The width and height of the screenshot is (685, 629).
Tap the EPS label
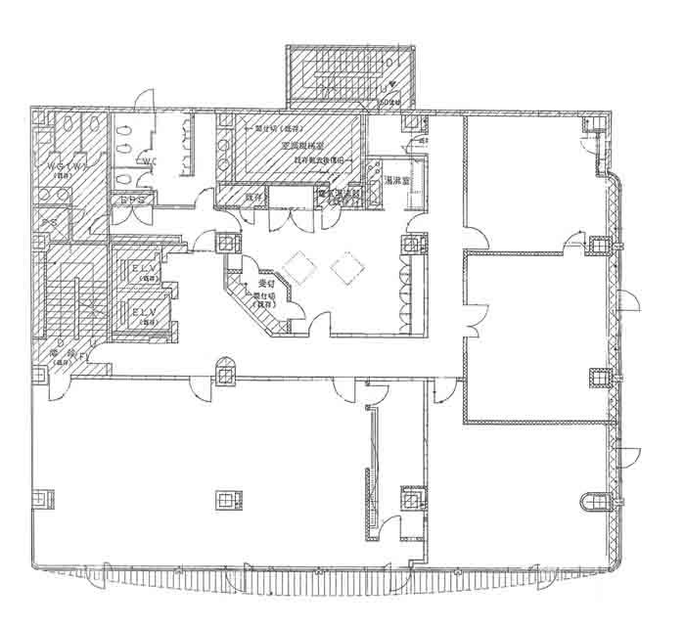pyautogui.click(x=134, y=201)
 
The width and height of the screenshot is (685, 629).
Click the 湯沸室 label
pyautogui.click(x=396, y=181)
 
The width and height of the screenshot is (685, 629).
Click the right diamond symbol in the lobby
pyautogui.click(x=347, y=266)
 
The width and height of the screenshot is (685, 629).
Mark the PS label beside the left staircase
pyautogui.click(x=48, y=224)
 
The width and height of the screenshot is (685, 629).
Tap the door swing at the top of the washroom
pyautogui.click(x=143, y=101)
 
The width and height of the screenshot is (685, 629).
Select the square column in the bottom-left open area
pyautogui.click(x=226, y=502)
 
